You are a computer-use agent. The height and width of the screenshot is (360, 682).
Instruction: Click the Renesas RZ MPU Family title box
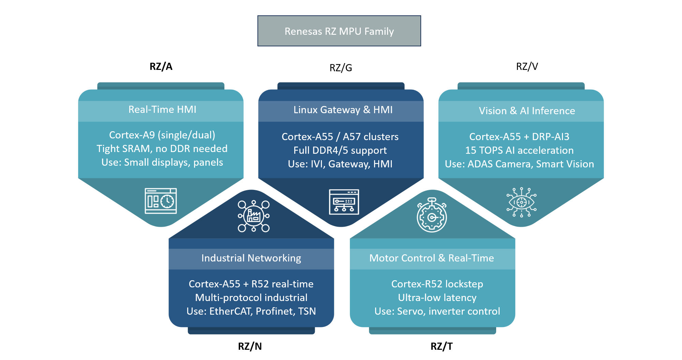coord(339,31)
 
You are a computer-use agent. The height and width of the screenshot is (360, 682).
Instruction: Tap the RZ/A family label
coord(161,66)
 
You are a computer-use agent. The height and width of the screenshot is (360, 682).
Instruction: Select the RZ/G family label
coord(341,68)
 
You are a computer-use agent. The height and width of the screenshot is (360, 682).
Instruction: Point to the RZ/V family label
coord(527,66)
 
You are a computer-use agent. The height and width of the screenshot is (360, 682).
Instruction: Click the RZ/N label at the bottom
coord(250,346)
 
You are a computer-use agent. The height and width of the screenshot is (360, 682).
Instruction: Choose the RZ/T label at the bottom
coord(442,346)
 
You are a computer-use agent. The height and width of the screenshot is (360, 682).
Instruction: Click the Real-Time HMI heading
coord(162,109)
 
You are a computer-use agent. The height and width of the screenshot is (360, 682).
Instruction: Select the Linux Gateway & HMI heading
coord(343,110)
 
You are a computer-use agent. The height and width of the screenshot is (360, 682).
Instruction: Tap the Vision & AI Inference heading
coord(527,111)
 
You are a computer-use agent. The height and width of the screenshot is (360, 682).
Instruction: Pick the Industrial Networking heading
coord(251,258)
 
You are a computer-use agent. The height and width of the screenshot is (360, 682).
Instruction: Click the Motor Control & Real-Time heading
coord(432,258)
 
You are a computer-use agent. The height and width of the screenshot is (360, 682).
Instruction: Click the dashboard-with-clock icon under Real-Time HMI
coord(161,201)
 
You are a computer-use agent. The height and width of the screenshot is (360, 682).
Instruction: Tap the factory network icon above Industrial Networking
coord(254,216)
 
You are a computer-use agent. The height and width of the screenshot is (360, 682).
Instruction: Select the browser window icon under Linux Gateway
coord(344,202)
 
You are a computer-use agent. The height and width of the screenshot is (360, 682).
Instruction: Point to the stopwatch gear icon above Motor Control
coord(432,215)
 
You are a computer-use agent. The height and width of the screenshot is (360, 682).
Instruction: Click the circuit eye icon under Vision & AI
coord(521,202)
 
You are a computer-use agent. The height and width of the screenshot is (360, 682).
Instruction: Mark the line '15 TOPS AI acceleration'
coord(519,150)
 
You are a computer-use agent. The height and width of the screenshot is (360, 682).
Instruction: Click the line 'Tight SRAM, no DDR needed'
coord(162,149)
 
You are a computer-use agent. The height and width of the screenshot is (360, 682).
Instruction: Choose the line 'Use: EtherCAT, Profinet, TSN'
coord(251,311)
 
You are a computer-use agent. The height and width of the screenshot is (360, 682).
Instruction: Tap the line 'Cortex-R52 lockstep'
coord(437,284)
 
